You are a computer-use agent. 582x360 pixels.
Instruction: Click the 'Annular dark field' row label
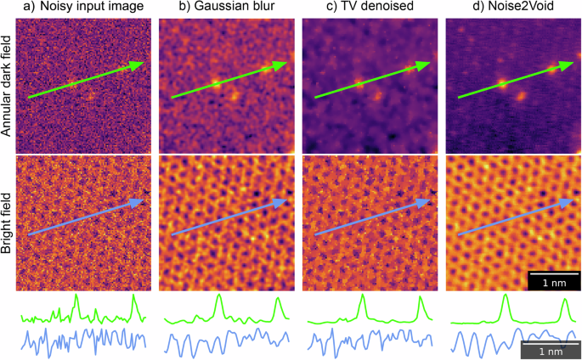tap(8, 82)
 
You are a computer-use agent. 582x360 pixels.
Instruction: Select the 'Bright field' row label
tap(8, 223)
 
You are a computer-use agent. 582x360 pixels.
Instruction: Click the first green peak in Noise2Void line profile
tap(506, 296)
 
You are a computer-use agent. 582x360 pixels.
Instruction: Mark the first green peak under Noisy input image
tap(76, 296)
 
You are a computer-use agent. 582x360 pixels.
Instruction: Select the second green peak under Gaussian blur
tap(277, 299)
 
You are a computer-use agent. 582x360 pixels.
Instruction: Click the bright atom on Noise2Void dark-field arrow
tap(501, 83)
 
